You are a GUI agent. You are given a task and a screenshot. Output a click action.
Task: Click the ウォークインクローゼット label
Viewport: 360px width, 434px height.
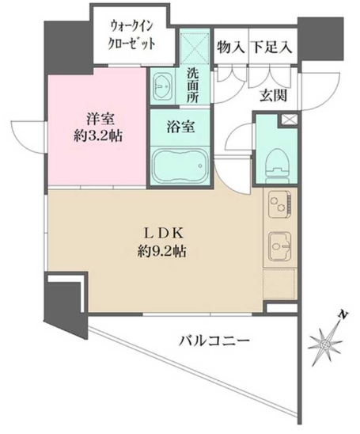(x=132, y=35)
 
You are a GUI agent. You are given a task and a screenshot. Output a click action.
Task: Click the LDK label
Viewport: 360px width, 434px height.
(x=165, y=235)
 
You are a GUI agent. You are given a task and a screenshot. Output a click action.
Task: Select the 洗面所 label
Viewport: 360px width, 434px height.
(x=192, y=85)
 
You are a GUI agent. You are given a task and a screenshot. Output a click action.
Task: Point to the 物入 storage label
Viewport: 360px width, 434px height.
(x=229, y=48)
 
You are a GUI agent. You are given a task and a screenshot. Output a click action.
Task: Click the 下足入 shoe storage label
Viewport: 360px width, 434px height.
(x=272, y=48)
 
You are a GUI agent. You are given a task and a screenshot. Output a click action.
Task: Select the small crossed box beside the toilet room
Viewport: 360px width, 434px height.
(x=287, y=120)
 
